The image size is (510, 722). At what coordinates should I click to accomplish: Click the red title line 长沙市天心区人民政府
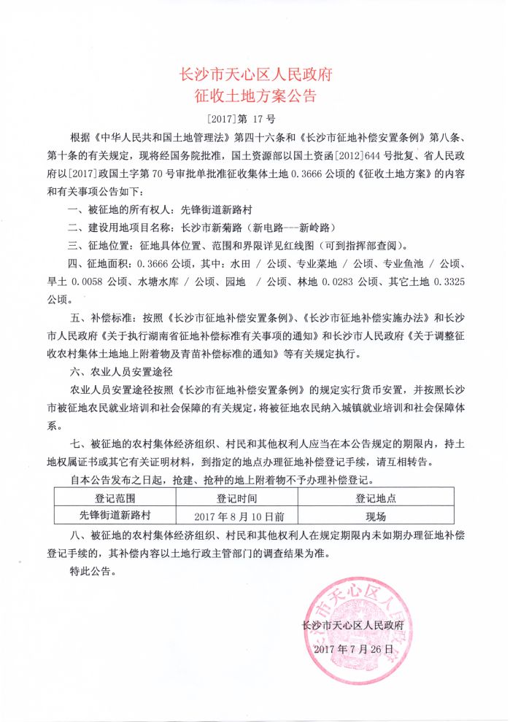pyautogui.click(x=255, y=74)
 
